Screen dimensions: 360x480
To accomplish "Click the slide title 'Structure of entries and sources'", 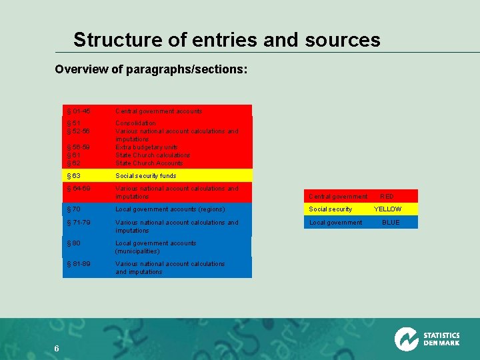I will point(227,40).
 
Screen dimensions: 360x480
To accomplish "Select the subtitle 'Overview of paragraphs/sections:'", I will point(151,69).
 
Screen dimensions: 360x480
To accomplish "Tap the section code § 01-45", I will point(78,111).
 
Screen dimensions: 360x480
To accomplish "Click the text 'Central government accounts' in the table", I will point(159,111).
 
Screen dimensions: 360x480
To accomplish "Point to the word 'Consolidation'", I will point(135,123).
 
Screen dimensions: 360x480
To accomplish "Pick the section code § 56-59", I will point(78,147).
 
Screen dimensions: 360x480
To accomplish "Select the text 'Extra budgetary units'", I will point(146,147).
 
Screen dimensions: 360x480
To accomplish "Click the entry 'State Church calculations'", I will point(153,155).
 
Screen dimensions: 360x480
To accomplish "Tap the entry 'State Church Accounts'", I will point(149,163).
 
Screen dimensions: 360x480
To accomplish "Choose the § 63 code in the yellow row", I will point(73,176).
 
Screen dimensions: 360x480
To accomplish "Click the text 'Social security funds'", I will point(146,176).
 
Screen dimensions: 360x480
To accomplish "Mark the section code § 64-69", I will point(78,189).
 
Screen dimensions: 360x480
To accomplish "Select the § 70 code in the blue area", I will point(73,209).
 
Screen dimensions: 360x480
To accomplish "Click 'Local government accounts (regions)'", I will point(170,209).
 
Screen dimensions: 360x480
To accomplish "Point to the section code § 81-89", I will point(78,264).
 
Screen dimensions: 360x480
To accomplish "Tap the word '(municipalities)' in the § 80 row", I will point(137,251).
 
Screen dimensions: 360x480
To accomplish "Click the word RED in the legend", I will point(387,197).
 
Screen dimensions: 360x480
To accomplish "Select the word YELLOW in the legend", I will point(388,209).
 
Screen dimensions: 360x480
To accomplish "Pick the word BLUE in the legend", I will point(391,223).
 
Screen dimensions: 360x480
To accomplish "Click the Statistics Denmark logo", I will point(427,339).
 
